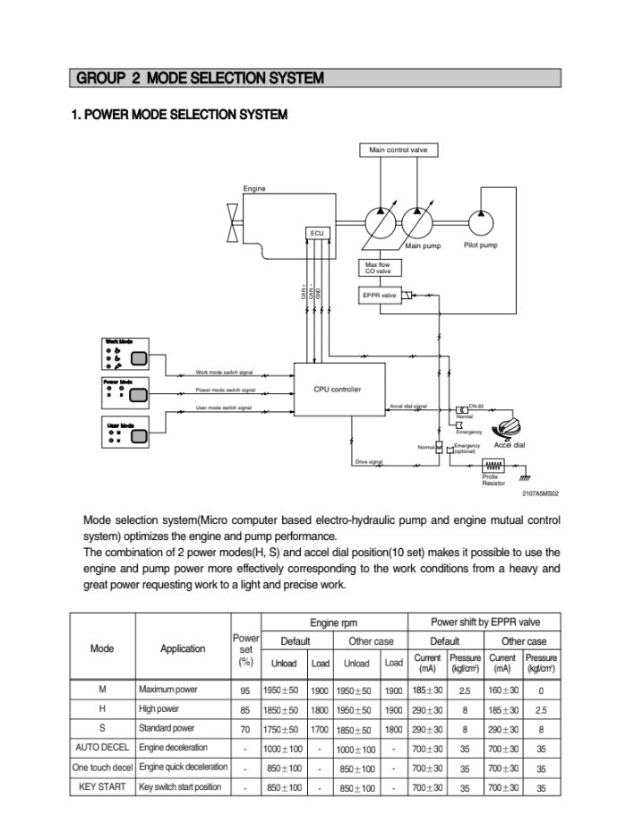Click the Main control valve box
point(398,150)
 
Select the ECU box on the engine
point(318,233)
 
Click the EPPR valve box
point(381,295)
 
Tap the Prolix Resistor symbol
point(493,465)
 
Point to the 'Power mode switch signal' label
point(226,390)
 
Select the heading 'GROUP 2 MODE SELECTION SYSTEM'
point(201,79)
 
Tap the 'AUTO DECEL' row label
point(103,747)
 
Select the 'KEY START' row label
point(103,787)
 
